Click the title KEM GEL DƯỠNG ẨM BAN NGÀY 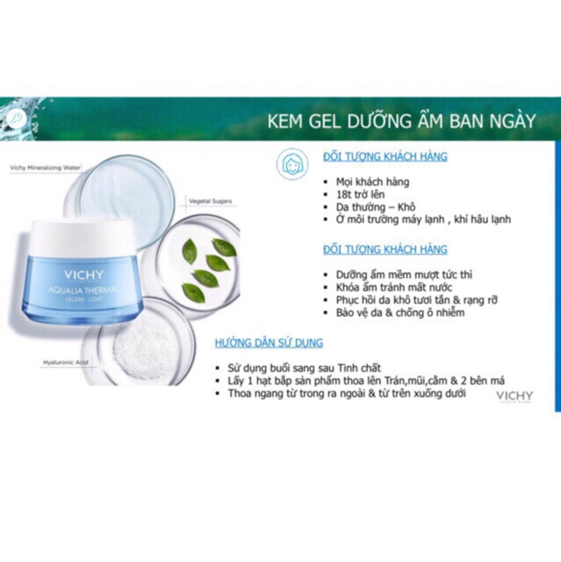(400, 120)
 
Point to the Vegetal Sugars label (208, 201)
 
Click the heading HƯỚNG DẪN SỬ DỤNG (269, 342)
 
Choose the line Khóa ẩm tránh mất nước (389, 287)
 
